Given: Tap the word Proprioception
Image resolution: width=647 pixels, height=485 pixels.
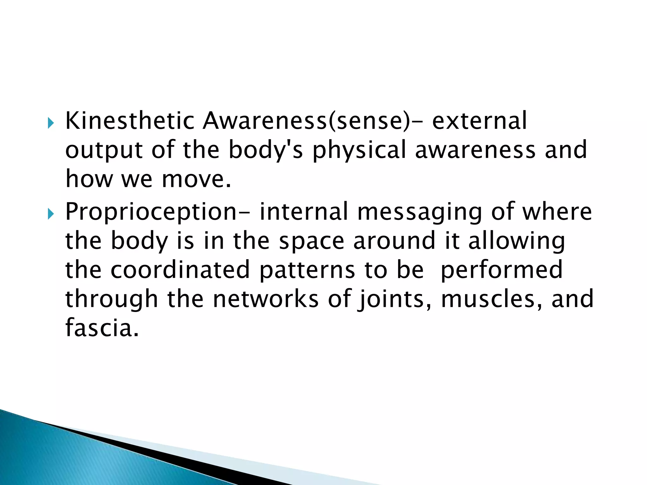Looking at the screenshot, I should [151, 212].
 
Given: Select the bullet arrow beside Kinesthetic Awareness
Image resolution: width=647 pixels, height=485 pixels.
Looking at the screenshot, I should [51, 123].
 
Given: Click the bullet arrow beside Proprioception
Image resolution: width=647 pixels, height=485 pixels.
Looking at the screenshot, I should [51, 214].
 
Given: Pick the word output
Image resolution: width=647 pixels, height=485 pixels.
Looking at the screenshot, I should [104, 150].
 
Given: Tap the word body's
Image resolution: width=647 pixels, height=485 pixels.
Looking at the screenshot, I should [266, 150].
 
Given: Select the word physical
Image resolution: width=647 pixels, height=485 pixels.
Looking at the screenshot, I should [359, 150].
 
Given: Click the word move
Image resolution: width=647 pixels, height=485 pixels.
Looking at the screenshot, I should [196, 179].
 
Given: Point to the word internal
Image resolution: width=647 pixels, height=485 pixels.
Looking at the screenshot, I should [304, 212].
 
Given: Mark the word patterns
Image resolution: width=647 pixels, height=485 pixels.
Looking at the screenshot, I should [307, 270].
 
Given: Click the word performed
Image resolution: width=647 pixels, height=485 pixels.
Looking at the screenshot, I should [501, 270].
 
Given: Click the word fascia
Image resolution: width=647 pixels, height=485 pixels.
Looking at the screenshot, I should [102, 328].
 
